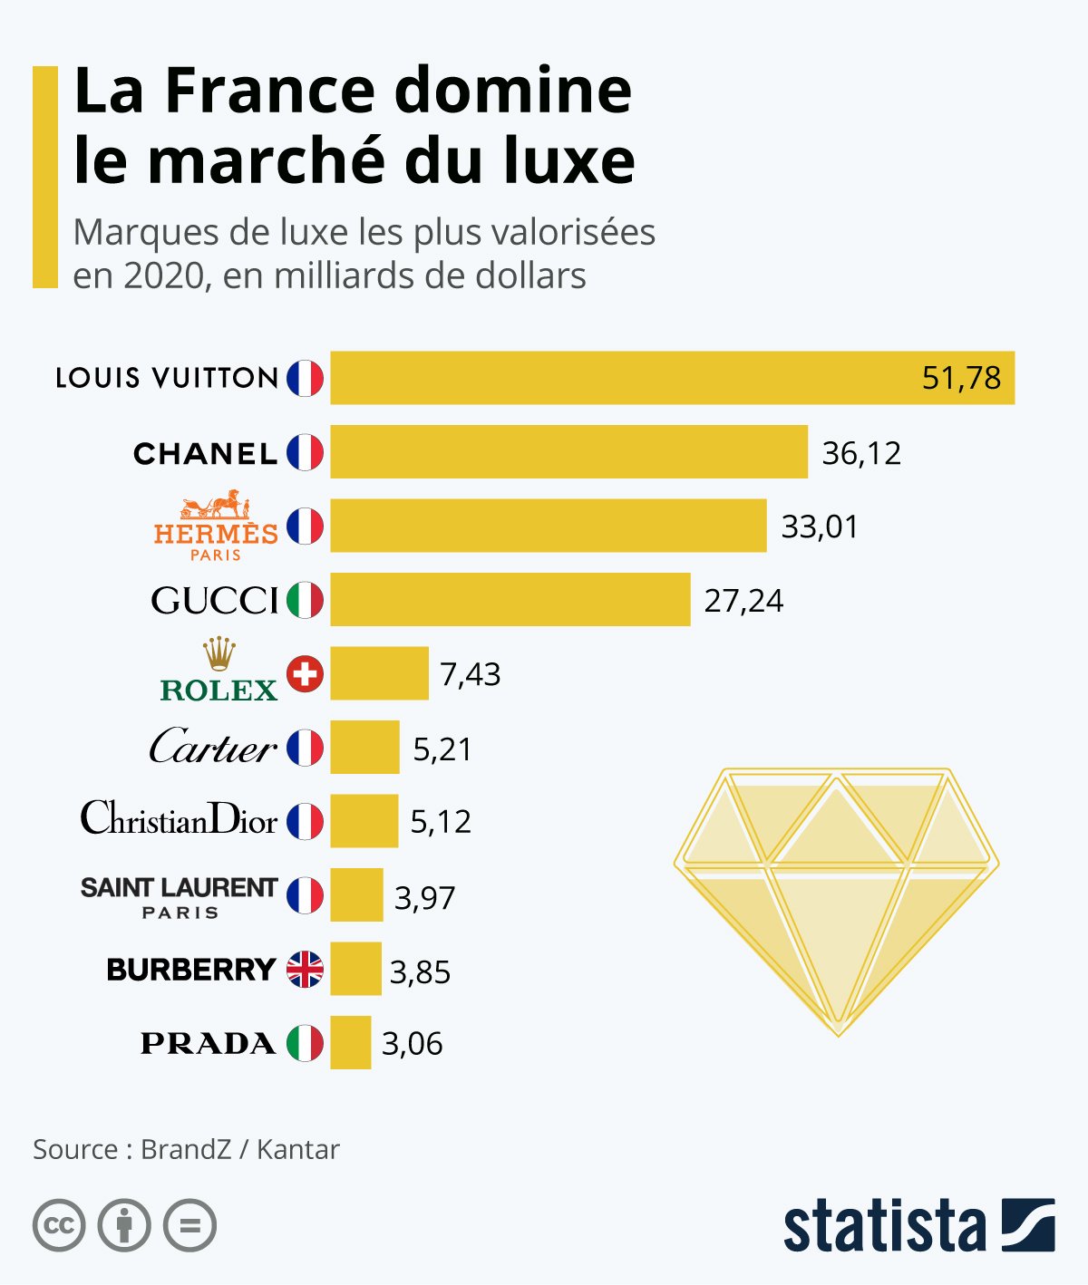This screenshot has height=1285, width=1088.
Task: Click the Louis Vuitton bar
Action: [673, 377]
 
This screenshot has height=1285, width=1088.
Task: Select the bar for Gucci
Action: [510, 599]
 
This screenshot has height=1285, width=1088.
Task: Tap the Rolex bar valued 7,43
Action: [380, 673]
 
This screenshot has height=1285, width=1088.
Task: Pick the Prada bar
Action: [351, 1042]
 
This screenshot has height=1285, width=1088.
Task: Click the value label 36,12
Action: [861, 453]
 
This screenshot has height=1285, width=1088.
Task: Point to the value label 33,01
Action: [820, 527]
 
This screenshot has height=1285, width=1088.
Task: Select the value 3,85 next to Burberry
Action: [420, 971]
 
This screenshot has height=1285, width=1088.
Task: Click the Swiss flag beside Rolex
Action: [305, 674]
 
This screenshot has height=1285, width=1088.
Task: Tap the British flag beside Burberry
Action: [305, 970]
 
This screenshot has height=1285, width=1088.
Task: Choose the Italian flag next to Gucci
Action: [305, 600]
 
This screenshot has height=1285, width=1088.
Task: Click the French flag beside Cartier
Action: [305, 748]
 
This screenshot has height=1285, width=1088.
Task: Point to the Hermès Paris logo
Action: [216, 526]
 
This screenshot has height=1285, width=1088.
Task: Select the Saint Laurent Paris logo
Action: [180, 897]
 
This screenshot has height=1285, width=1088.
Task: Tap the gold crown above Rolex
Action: [219, 654]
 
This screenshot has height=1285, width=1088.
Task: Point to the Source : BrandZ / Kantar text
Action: [186, 1149]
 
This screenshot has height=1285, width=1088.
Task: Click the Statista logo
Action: [919, 1225]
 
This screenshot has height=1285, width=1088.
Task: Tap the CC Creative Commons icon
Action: [59, 1225]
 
